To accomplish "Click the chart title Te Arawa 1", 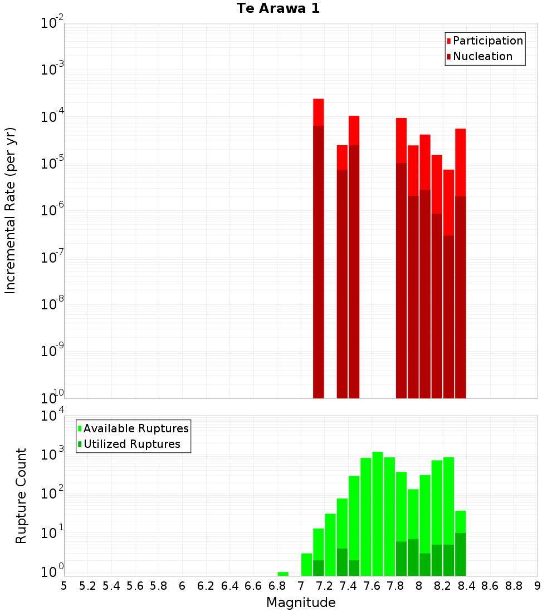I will point(278,9).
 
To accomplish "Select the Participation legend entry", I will point(488,41).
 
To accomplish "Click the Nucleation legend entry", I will point(482,56).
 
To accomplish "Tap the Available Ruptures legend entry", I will point(136,428).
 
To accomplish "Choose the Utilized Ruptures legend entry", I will point(131,444).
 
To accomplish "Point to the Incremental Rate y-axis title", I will point(11,210).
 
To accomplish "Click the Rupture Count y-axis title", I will point(21,495).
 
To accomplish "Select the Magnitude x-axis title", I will point(301,602).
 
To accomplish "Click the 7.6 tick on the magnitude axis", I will point(372,586).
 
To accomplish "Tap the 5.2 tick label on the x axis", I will point(87,586).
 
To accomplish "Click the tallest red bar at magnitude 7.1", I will point(319,248).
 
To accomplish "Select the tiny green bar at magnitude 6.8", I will point(283,574).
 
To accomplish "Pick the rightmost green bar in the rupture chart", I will point(461,543).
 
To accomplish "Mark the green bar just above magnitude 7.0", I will point(306,564).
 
